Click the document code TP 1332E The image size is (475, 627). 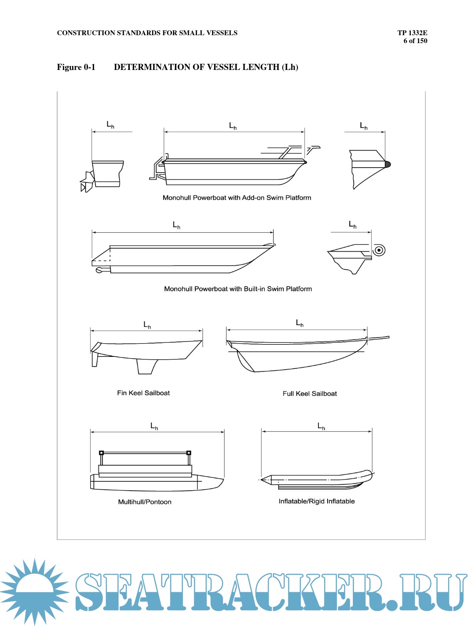pyautogui.click(x=412, y=33)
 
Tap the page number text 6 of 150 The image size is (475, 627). pyautogui.click(x=415, y=41)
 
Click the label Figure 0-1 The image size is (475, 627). pyautogui.click(x=76, y=67)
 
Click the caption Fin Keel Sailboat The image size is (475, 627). pyautogui.click(x=143, y=393)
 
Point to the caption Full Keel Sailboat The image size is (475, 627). pyautogui.click(x=310, y=393)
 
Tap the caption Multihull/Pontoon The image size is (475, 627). pyautogui.click(x=145, y=502)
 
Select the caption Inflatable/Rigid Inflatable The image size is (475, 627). pyautogui.click(x=317, y=501)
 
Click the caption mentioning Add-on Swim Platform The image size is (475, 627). pyautogui.click(x=237, y=198)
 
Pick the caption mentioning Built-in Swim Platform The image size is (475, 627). pyautogui.click(x=238, y=289)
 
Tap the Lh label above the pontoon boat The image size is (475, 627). pyautogui.click(x=154, y=426)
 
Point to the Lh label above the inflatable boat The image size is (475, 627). pyautogui.click(x=322, y=426)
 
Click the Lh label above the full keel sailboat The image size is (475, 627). pyautogui.click(x=300, y=323)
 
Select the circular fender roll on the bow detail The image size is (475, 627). pyautogui.click(x=379, y=250)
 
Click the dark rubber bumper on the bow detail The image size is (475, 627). pyautogui.click(x=387, y=164)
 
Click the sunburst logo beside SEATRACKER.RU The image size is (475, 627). pyautogui.click(x=34, y=590)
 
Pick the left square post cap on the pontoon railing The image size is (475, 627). pyautogui.click(x=102, y=452)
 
